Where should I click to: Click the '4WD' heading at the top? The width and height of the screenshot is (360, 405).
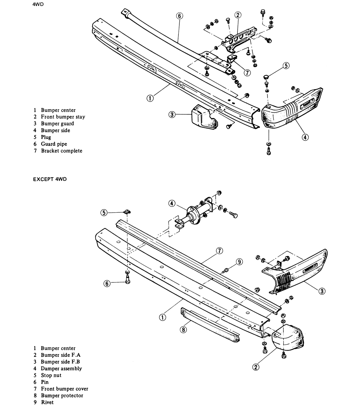[38, 4]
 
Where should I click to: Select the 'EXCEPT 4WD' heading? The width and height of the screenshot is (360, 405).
[50, 179]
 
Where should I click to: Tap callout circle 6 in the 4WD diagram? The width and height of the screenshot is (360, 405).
[179, 16]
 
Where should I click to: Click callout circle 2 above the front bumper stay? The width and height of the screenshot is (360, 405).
[238, 15]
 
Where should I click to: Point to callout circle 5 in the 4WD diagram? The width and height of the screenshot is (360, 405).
[286, 66]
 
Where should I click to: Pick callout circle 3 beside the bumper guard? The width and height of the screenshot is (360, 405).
[172, 114]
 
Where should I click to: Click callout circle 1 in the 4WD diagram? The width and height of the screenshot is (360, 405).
[150, 98]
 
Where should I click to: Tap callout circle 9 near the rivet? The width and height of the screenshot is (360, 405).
[239, 262]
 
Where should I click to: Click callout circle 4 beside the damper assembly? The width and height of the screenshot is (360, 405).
[172, 204]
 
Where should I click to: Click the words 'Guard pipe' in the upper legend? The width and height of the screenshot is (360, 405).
[54, 144]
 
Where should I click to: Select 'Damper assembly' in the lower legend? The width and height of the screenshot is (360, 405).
[61, 368]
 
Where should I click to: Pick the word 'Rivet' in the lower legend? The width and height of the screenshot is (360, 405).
[47, 402]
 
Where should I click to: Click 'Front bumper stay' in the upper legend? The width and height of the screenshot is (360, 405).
[63, 117]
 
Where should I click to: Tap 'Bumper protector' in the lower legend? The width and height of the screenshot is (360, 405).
[62, 395]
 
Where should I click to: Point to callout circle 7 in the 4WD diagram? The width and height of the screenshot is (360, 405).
[247, 73]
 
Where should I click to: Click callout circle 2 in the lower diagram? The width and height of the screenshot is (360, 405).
[256, 367]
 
